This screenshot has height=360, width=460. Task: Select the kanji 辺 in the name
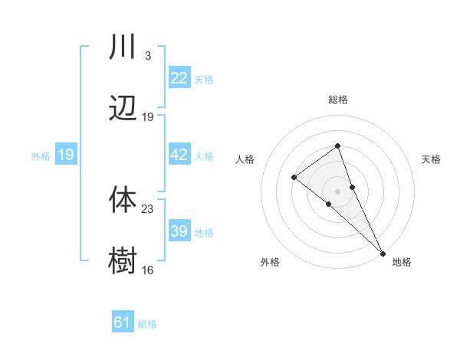pos(123,109)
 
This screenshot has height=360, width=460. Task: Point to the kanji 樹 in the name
pos(123,260)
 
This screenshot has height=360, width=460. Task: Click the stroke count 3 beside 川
pos(147,56)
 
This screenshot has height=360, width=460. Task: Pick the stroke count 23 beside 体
pos(148,208)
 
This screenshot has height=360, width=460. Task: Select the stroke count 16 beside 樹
pos(148,270)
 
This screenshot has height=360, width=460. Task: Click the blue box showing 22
pos(179,78)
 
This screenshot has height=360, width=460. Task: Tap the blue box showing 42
pos(179,155)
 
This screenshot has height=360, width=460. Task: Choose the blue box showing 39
pos(179,231)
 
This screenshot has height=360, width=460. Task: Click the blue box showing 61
pos(123,322)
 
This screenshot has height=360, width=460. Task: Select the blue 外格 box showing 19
pos(66,155)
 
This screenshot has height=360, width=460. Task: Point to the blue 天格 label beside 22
pos(204,79)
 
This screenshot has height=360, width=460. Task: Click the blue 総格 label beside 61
pos(147,323)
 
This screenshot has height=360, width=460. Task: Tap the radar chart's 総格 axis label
pos(337,100)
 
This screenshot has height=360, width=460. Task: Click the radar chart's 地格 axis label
pos(402,262)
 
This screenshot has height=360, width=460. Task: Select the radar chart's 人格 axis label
pos(245,159)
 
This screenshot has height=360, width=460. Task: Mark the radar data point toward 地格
pos(382,252)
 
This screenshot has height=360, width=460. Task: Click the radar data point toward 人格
pos(294,178)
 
